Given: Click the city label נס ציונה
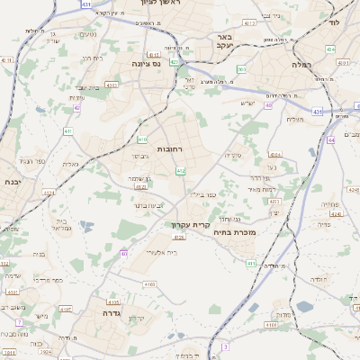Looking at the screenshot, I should [x=146, y=63].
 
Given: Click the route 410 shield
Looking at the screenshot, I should [x=142, y=139].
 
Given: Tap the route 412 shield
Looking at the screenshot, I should [x=181, y=170].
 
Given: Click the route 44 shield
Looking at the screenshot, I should [x=331, y=140].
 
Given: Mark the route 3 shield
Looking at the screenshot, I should [x=227, y=346].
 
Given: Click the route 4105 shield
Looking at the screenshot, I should [x=112, y=302].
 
